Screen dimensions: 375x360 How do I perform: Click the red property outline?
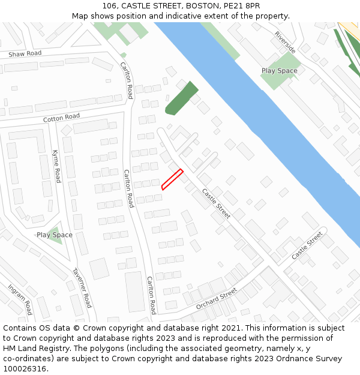tap(172, 179)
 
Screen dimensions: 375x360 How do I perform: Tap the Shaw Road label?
tap(25, 54)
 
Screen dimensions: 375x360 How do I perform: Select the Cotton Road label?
tap(61, 118)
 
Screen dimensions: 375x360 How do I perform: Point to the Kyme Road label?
tap(56, 166)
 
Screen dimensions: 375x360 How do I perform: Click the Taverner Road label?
tap(82, 287)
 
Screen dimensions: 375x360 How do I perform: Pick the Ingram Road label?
tap(19, 299)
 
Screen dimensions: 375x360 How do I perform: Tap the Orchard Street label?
tap(216, 298)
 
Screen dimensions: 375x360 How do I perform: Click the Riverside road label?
tap(285, 42)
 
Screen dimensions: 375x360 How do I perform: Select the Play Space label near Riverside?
tap(279, 71)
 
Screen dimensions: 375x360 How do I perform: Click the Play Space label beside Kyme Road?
tap(55, 235)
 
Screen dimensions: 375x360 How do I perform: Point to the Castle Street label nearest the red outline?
tap(216, 203)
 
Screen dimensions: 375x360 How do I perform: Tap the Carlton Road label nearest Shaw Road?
tap(127, 80)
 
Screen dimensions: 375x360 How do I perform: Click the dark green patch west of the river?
tap(181, 98)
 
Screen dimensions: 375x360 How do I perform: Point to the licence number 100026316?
tap(25, 368)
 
